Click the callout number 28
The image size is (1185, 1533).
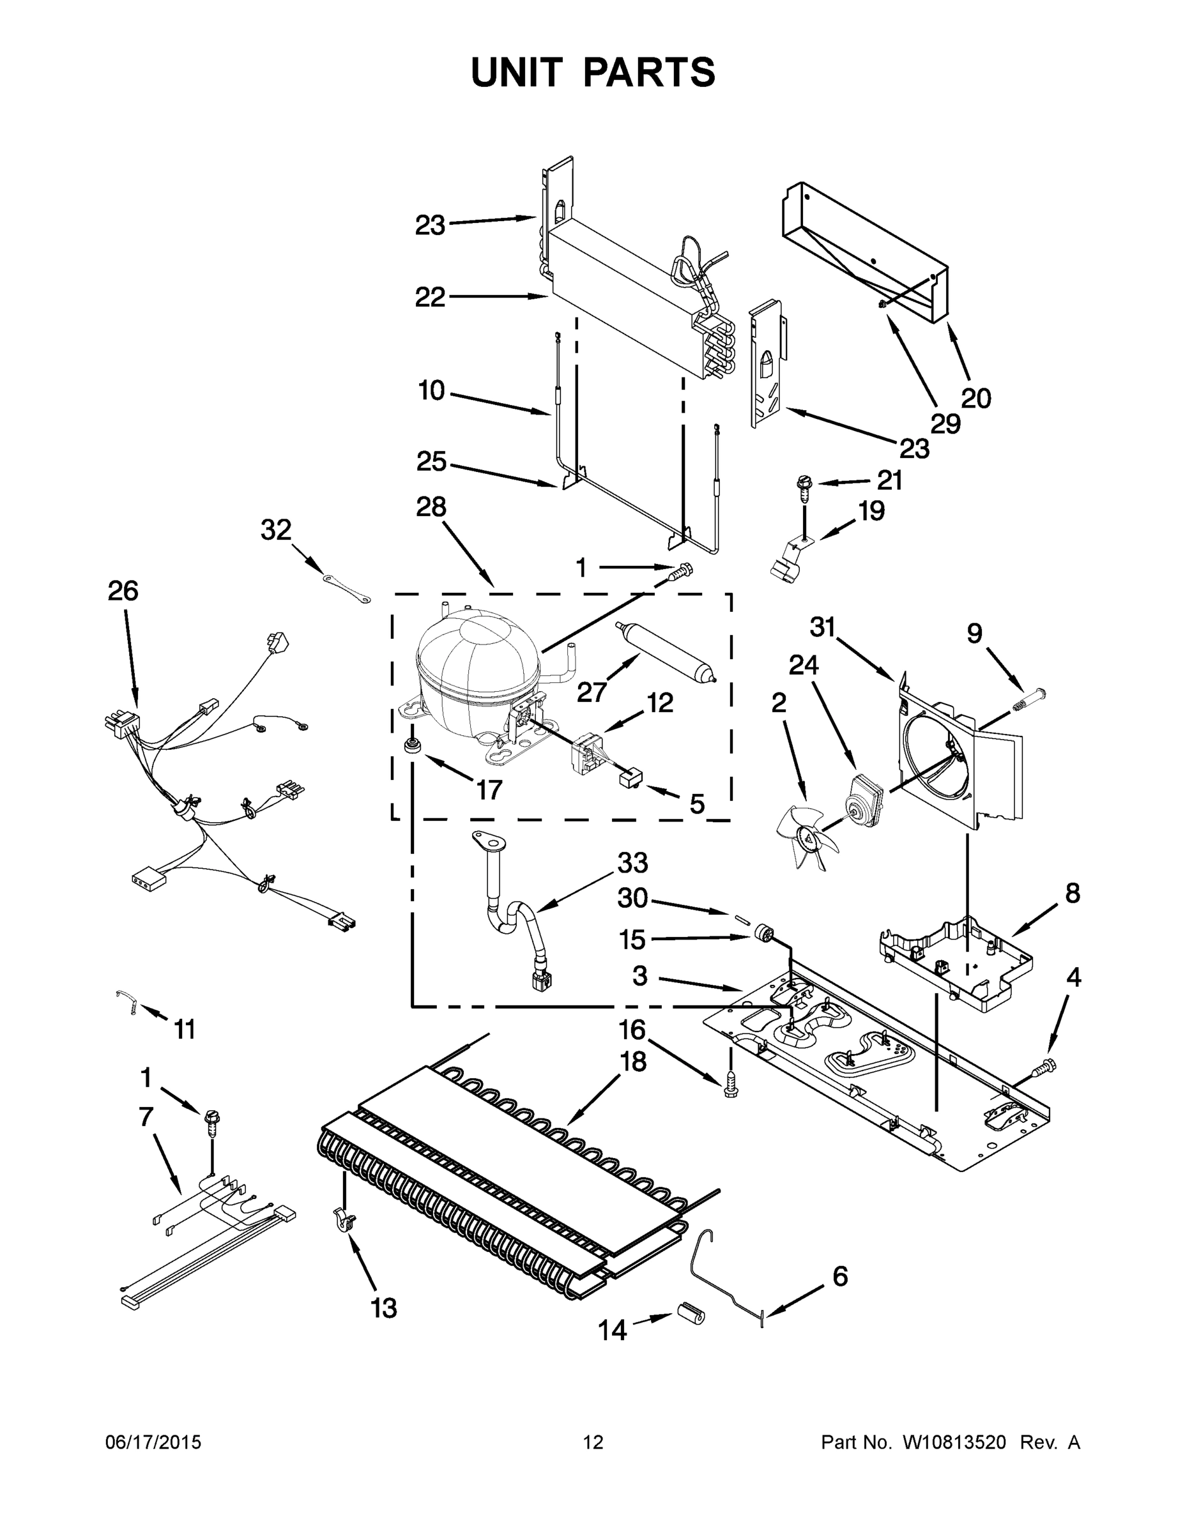(x=431, y=507)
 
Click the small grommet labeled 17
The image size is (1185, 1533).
(x=412, y=745)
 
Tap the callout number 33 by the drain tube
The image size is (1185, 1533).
(x=632, y=863)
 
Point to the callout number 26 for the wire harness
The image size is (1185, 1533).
(x=123, y=591)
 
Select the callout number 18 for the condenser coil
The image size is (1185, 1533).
(x=633, y=1063)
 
